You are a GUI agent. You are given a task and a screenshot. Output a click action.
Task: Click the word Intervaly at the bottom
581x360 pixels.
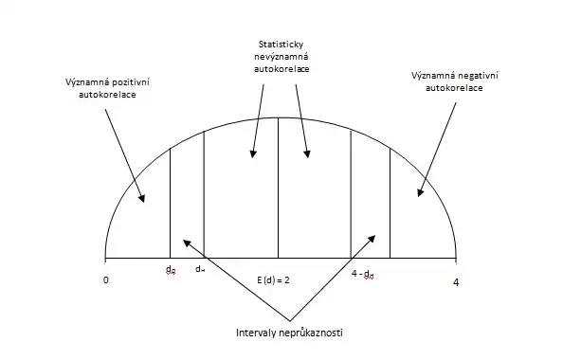pos(258,333)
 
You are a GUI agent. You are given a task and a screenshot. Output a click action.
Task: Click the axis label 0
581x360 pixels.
pos(106,281)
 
